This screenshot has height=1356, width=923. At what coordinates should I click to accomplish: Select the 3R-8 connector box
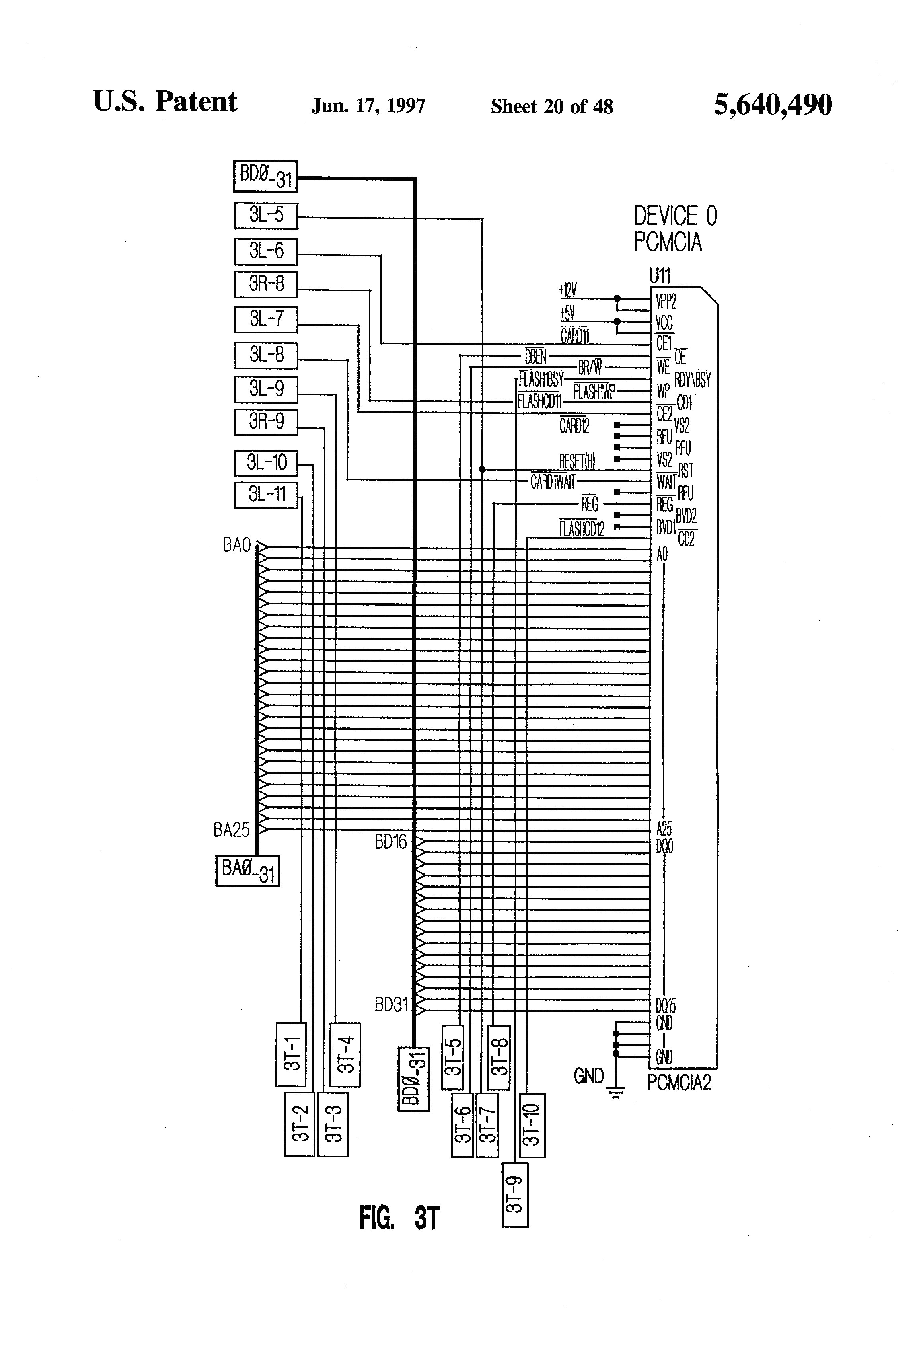click(x=266, y=285)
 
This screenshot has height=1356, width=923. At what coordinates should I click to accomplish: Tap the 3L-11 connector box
click(x=266, y=495)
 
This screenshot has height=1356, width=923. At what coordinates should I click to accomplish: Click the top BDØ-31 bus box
click(x=265, y=176)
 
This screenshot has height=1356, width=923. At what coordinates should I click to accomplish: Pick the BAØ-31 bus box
click(x=247, y=871)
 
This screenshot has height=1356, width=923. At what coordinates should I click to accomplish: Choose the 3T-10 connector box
click(x=532, y=1124)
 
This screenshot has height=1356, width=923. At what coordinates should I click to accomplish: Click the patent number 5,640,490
click(x=773, y=105)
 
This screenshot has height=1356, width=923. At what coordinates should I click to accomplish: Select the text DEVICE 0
click(x=675, y=216)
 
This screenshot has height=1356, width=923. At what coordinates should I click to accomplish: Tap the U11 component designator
click(x=660, y=275)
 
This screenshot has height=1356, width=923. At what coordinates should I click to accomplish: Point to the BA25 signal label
click(x=232, y=830)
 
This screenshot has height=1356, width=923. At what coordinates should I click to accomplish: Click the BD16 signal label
click(x=390, y=842)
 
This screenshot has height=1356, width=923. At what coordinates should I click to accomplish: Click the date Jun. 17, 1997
click(x=368, y=106)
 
